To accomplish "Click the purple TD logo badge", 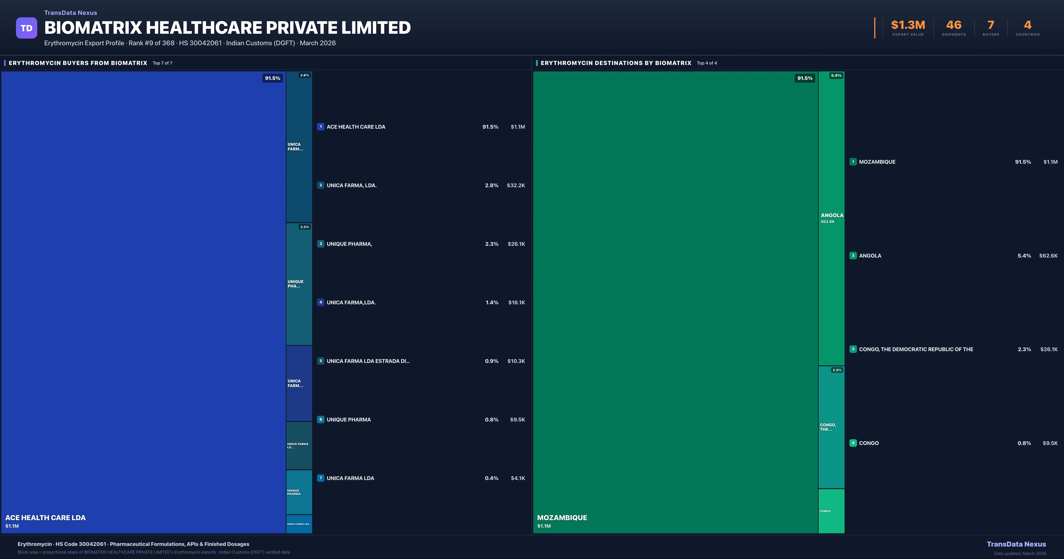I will point(26,28).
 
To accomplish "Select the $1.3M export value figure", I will point(908,25).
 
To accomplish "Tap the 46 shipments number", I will point(954,25).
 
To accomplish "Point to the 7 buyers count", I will point(990,25).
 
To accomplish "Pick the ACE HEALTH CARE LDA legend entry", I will point(356,127).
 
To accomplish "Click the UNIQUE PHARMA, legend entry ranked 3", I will point(349,244).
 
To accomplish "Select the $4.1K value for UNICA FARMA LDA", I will point(518,478).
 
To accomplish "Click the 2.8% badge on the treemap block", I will point(304,75).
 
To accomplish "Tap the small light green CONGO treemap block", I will point(831,511).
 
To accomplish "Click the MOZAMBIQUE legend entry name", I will point(877,162).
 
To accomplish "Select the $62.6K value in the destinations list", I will point(1048,256).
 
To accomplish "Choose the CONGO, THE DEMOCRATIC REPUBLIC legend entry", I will point(916,349).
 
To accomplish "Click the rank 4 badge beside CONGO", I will point(853,443).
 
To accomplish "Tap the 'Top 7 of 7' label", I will point(162,63).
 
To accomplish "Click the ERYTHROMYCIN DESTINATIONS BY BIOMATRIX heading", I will point(615,63).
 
